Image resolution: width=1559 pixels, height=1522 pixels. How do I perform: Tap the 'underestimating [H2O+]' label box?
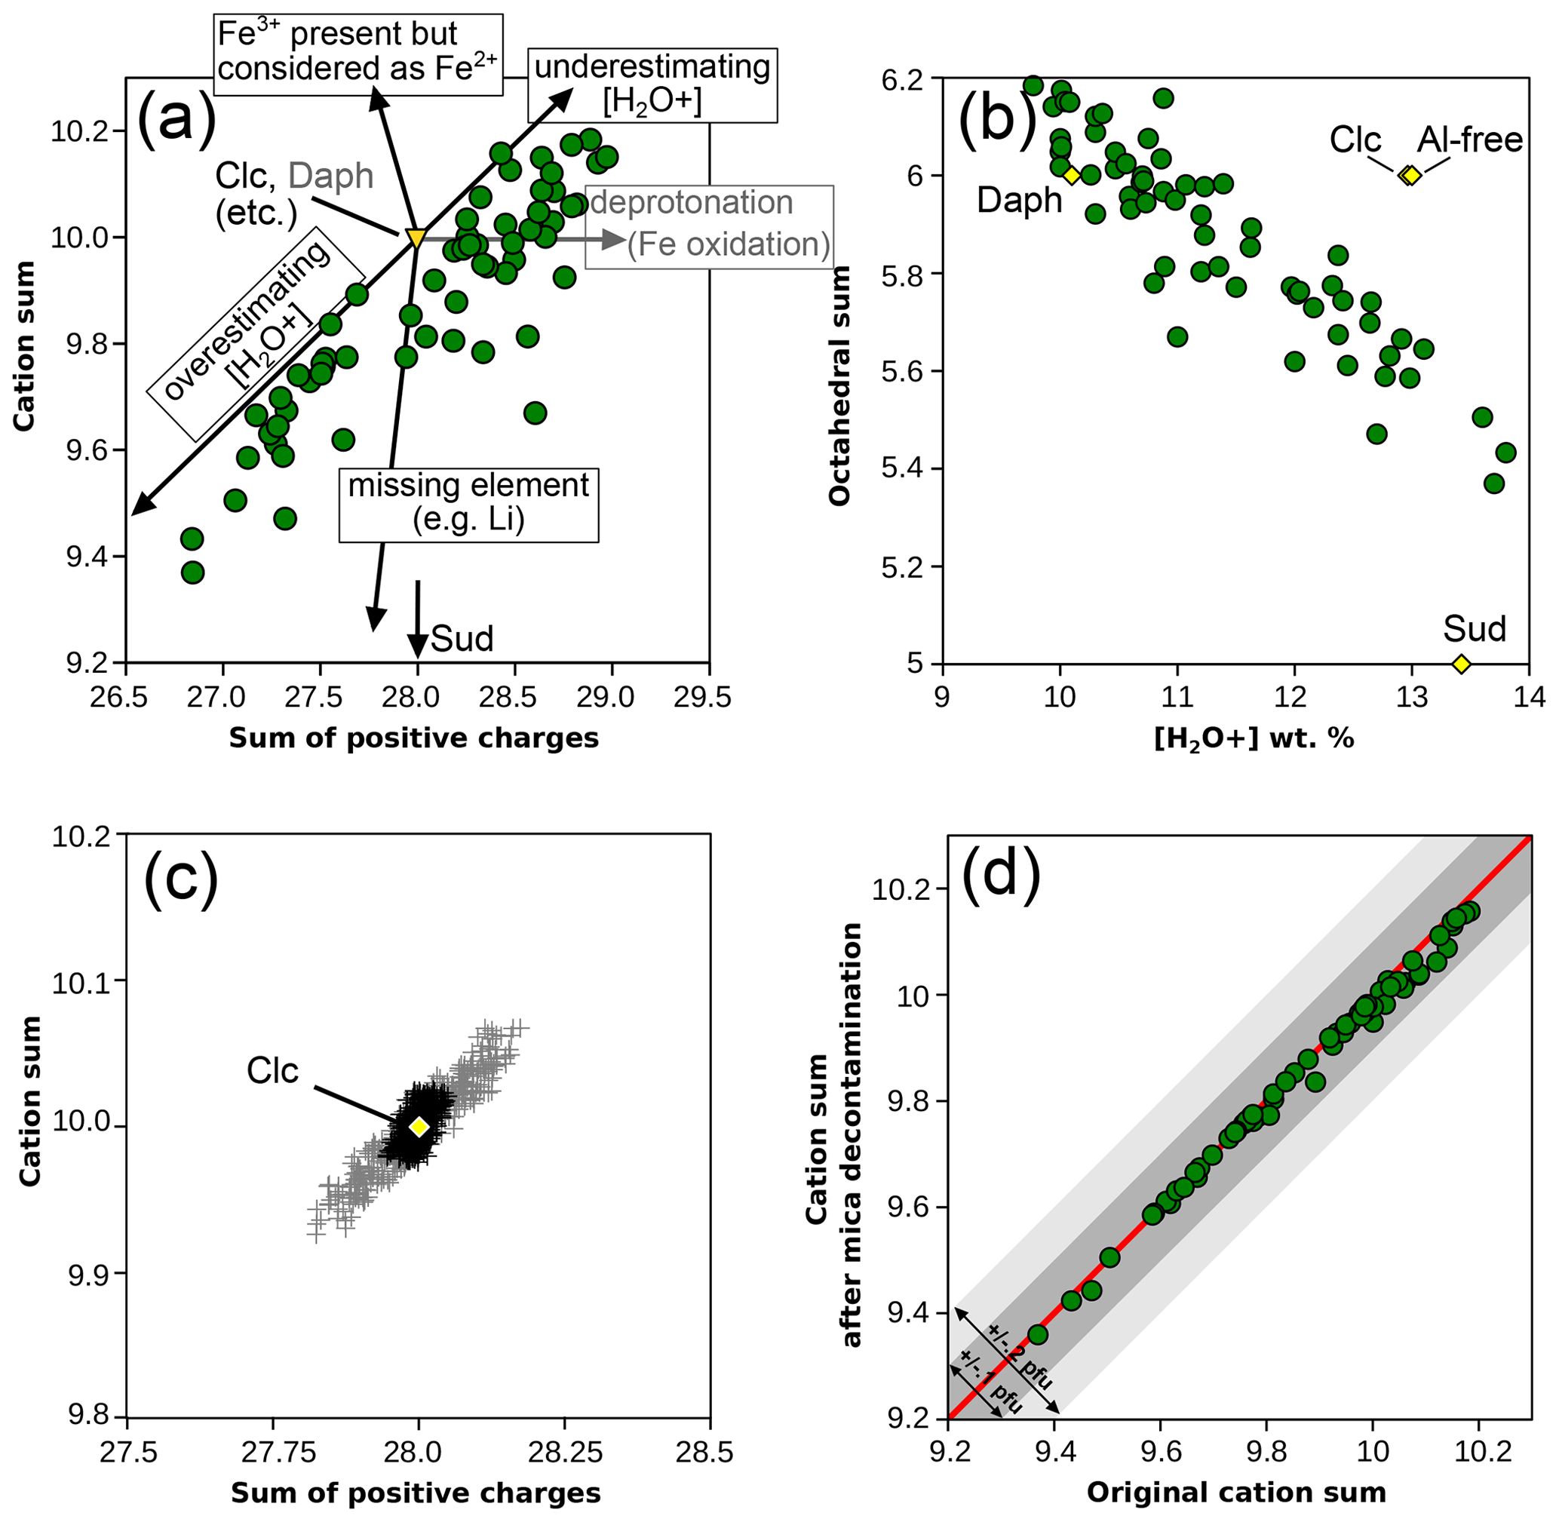point(652,84)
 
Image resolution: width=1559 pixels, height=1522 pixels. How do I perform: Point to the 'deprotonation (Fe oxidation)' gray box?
point(710,225)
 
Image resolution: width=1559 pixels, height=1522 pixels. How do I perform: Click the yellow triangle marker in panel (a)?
point(416,238)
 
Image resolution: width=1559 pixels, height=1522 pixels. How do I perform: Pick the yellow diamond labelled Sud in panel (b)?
point(1462,664)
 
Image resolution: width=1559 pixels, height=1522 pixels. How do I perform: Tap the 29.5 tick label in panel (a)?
point(709,697)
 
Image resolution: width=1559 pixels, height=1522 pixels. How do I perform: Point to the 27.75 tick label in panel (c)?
point(272,1453)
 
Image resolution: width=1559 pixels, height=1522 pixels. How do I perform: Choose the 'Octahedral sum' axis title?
point(839,385)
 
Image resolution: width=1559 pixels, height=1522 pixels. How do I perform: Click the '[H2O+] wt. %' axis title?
point(1254,738)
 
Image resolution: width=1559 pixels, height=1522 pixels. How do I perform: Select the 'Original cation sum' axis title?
point(1236,1492)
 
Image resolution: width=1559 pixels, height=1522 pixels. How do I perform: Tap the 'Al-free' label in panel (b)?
point(1470,141)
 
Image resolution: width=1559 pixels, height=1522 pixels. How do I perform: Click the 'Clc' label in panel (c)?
point(272,1071)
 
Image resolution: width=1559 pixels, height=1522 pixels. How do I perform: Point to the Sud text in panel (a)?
point(462,638)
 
